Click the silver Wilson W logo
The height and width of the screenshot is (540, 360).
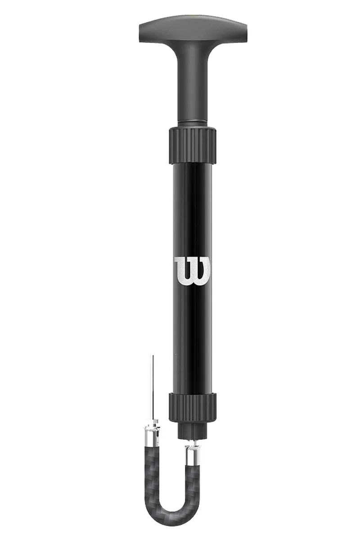pyautogui.click(x=192, y=271)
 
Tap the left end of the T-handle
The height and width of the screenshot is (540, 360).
pyautogui.click(x=139, y=33)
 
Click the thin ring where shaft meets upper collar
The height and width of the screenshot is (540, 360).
pyautogui.click(x=193, y=122)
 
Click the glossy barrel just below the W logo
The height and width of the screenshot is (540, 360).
pyautogui.click(x=192, y=337)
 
